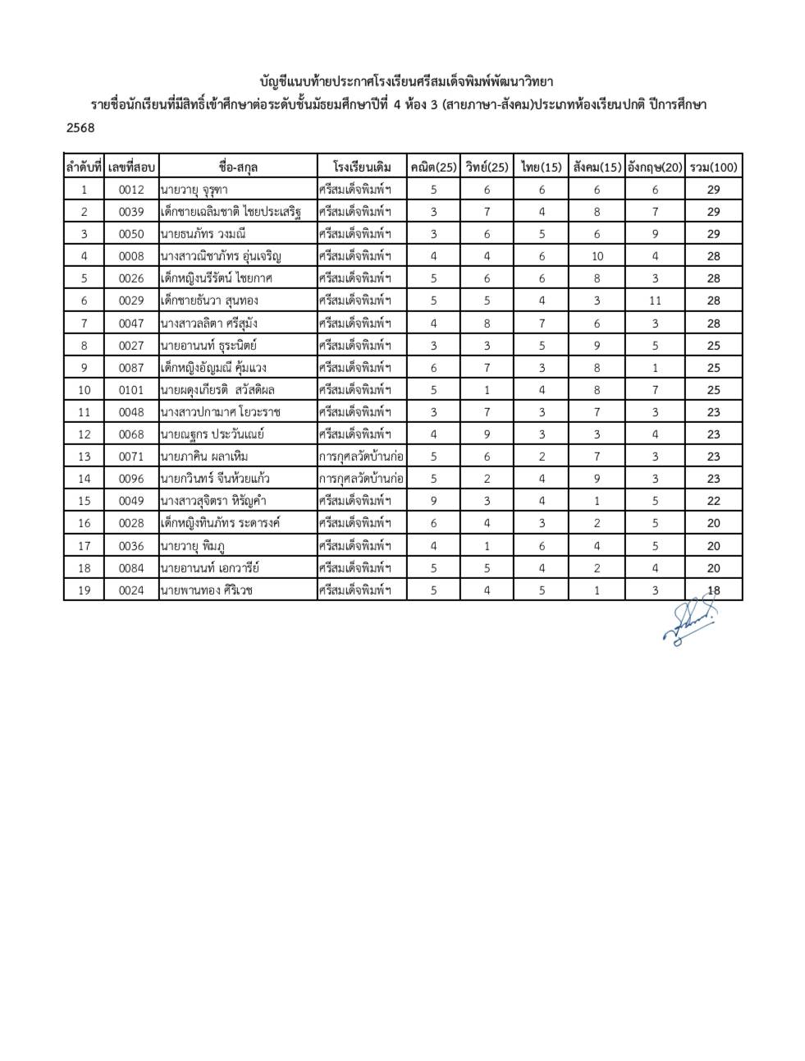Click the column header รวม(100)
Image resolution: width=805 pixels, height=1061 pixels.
pyautogui.click(x=713, y=168)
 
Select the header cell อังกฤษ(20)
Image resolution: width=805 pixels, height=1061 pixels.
pyautogui.click(x=655, y=168)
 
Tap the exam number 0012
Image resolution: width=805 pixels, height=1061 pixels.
pyautogui.click(x=131, y=190)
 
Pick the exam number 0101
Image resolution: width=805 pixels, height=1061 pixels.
pyautogui.click(x=131, y=390)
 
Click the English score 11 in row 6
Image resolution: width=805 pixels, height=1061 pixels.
pyautogui.click(x=655, y=301)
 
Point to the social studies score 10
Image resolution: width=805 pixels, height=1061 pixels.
pyautogui.click(x=597, y=256)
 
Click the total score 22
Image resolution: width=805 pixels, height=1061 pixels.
pyautogui.click(x=713, y=501)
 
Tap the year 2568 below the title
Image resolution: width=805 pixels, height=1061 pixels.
pyautogui.click(x=80, y=128)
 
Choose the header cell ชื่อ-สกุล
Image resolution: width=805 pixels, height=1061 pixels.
pyautogui.click(x=238, y=168)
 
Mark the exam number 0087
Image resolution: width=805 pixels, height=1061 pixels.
pyautogui.click(x=131, y=368)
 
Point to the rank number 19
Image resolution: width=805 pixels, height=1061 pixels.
pyautogui.click(x=84, y=590)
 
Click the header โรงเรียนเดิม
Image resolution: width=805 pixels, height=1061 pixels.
pyautogui.click(x=362, y=168)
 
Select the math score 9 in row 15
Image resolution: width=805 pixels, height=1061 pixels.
pyautogui.click(x=433, y=501)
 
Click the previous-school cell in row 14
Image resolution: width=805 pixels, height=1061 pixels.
pyautogui.click(x=361, y=479)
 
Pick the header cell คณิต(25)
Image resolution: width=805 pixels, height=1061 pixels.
pyautogui.click(x=433, y=168)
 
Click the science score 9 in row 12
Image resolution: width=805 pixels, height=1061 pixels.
pyautogui.click(x=487, y=434)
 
